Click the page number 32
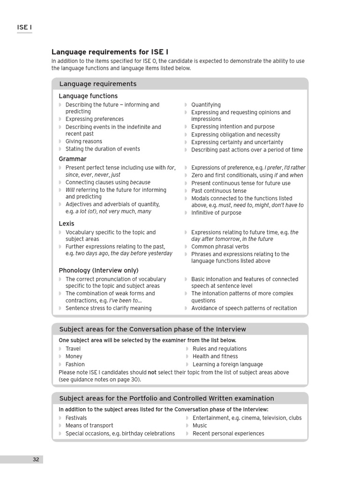[x=36, y=459]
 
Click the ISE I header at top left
[x=24, y=28]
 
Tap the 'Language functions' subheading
[x=88, y=96]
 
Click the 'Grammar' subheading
[x=73, y=159]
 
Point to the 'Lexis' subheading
[x=67, y=224]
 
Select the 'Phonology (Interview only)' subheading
[x=98, y=270]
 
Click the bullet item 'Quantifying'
[x=206, y=105]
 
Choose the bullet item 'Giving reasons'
[x=83, y=142]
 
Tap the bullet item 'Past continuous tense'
[x=218, y=191]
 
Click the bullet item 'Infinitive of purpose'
[x=216, y=213]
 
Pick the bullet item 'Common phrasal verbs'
[x=220, y=247]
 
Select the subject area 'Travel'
[x=73, y=349]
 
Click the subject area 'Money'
[x=74, y=357]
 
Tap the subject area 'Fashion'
[x=75, y=365]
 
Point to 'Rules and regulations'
[x=219, y=349]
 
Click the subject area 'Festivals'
[x=76, y=418]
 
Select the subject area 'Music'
[x=200, y=426]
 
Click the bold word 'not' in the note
[x=152, y=373]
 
